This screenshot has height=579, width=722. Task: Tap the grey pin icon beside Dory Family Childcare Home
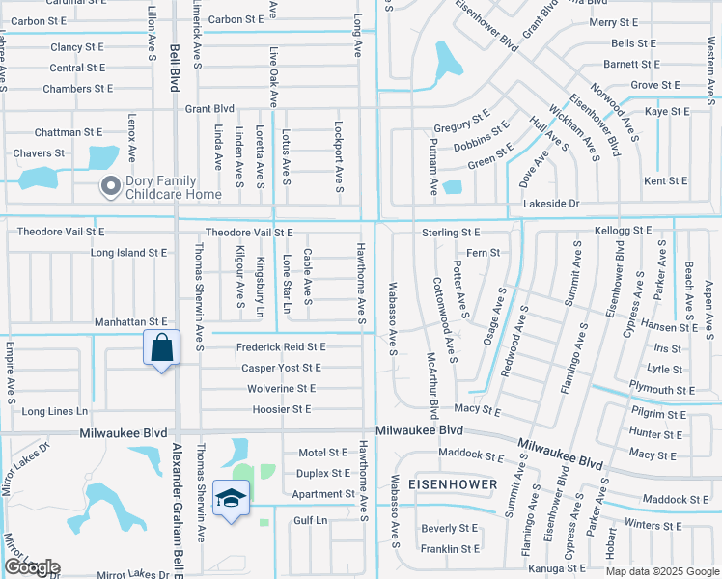(x=110, y=185)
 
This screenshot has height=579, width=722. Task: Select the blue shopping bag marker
(x=161, y=347)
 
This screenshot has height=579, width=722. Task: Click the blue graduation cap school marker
(x=232, y=498)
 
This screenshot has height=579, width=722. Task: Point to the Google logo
(x=31, y=567)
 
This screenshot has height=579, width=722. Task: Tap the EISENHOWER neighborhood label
(x=453, y=483)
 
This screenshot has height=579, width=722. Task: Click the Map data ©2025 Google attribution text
(x=661, y=571)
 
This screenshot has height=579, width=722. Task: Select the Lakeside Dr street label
(x=550, y=204)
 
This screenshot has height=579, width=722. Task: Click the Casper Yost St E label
(x=281, y=368)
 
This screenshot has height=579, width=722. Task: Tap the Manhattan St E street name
(x=131, y=321)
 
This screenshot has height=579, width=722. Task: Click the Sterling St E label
(x=450, y=233)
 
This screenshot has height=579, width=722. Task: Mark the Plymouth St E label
(x=660, y=390)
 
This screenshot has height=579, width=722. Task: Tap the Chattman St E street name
(x=68, y=132)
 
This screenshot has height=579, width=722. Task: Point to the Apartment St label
(x=323, y=494)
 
